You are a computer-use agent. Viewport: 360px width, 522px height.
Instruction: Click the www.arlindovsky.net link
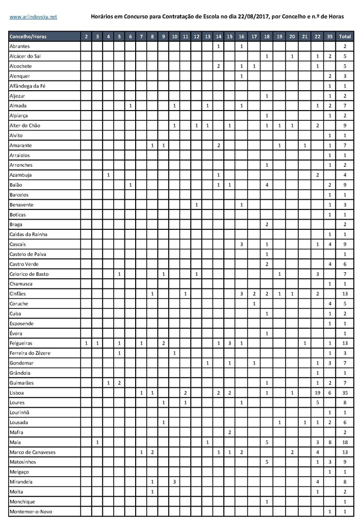click(x=34, y=17)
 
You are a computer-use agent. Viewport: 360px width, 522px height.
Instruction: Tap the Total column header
click(x=345, y=37)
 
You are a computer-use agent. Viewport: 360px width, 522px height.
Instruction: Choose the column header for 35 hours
click(x=330, y=37)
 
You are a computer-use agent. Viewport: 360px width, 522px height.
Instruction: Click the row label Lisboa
click(x=17, y=393)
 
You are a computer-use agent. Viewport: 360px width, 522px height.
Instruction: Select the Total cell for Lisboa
click(x=345, y=393)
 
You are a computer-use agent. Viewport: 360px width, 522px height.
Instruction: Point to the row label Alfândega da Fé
click(x=28, y=86)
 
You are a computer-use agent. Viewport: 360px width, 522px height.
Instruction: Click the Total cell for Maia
click(x=345, y=442)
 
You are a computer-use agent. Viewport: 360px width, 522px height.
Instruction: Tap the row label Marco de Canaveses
click(x=32, y=452)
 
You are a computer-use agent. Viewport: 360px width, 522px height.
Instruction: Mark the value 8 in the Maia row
click(x=330, y=442)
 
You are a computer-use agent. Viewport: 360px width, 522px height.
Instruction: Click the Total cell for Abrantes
click(x=345, y=46)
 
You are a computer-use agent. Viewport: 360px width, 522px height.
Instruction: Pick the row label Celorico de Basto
click(x=30, y=274)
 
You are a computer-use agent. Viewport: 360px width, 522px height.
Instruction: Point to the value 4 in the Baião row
click(x=267, y=185)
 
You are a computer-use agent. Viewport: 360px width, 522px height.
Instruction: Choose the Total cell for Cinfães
click(x=345, y=294)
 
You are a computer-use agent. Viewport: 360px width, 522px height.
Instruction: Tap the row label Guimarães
click(x=21, y=383)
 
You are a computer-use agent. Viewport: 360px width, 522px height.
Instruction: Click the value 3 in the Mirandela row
click(x=174, y=482)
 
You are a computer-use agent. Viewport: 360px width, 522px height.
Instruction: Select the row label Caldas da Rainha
click(x=30, y=234)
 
